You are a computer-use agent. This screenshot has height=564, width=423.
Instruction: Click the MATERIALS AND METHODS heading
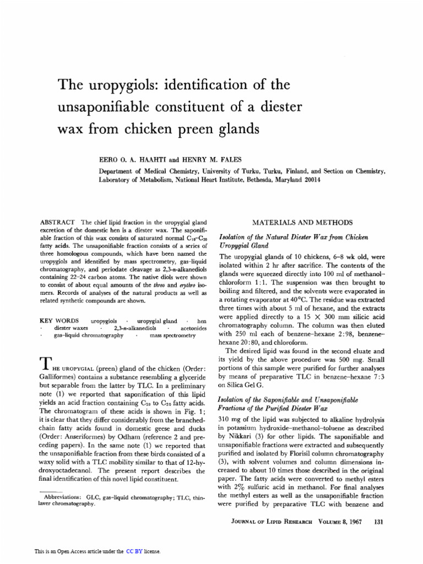point(302,222)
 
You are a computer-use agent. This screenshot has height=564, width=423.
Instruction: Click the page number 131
point(378,522)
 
